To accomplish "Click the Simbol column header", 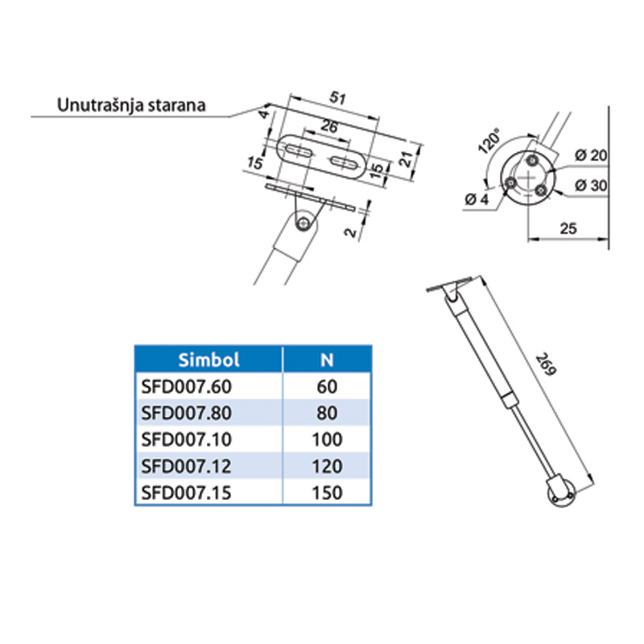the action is (x=208, y=360).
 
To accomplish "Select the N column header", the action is (x=327, y=360).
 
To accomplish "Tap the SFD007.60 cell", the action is (x=187, y=387).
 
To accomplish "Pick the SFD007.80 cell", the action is (x=187, y=413).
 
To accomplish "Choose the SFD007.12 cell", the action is (x=187, y=466).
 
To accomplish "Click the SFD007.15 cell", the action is (x=187, y=493).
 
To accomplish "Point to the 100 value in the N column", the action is (x=327, y=440).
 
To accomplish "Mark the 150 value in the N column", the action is (x=327, y=493).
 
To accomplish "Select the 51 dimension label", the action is (x=337, y=98).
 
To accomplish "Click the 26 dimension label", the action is (x=329, y=126).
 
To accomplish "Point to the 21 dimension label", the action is (x=407, y=159).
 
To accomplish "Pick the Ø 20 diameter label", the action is (x=591, y=155).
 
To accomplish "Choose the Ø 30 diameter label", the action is (x=591, y=186).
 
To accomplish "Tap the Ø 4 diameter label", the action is (x=477, y=200).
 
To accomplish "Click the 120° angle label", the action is (x=490, y=140).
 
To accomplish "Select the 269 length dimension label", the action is (x=547, y=364).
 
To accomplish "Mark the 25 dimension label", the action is (x=568, y=229).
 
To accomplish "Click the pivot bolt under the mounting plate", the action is (x=303, y=223).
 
